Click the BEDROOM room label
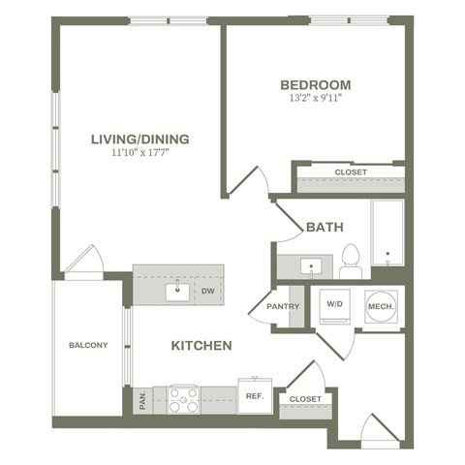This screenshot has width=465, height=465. tap(315, 84)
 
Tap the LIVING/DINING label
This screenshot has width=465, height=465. tap(139, 139)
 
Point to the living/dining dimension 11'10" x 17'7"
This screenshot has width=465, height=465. tap(139, 153)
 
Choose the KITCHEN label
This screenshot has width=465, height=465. tap(201, 346)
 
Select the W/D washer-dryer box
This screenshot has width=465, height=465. tap(334, 305)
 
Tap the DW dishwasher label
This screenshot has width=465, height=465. tap(208, 289)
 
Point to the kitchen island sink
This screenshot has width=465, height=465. tap(178, 289)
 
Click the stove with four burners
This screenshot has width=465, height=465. tap(184, 399)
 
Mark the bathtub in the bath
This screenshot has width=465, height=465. tap(387, 233)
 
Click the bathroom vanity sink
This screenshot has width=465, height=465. tap(311, 264)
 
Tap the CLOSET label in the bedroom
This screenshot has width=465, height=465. tap(351, 172)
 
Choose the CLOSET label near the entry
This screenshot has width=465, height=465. tap(305, 398)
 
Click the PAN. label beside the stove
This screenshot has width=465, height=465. tap(143, 399)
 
